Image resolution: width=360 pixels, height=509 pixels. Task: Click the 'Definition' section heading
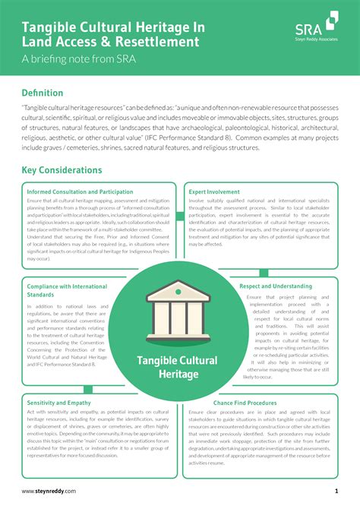click(x=48, y=92)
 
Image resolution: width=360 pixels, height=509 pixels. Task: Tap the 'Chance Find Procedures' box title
click(x=245, y=403)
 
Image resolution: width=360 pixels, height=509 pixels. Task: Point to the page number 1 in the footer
click(x=336, y=492)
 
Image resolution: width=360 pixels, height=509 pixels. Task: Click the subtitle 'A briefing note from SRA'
click(x=78, y=59)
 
